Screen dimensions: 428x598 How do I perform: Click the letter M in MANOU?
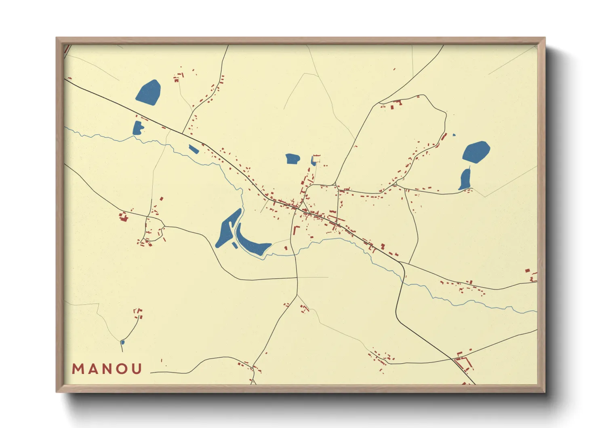pyautogui.click(x=78, y=369)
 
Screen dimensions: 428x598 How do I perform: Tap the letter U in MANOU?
pyautogui.click(x=137, y=369)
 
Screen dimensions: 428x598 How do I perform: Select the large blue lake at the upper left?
pyautogui.click(x=148, y=93)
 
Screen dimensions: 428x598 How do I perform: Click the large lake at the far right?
pyautogui.click(x=476, y=152)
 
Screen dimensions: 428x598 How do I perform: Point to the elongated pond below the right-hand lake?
pyautogui.click(x=465, y=179)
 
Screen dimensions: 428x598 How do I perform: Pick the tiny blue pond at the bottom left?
pyautogui.click(x=122, y=343)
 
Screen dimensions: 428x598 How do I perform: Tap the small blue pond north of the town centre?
pyautogui.click(x=292, y=159)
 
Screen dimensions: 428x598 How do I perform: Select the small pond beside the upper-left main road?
pyautogui.click(x=138, y=128)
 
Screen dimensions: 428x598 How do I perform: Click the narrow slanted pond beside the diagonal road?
pyautogui.click(x=194, y=149)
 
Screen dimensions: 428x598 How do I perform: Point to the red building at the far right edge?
pyautogui.click(x=527, y=271)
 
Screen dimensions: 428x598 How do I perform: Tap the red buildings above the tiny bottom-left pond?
pyautogui.click(x=138, y=312)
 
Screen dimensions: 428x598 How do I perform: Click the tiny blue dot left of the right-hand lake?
pyautogui.click(x=454, y=135)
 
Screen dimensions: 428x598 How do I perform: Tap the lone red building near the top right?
pyautogui.click(x=394, y=69)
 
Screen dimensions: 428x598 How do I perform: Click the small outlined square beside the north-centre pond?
pyautogui.click(x=317, y=159)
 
